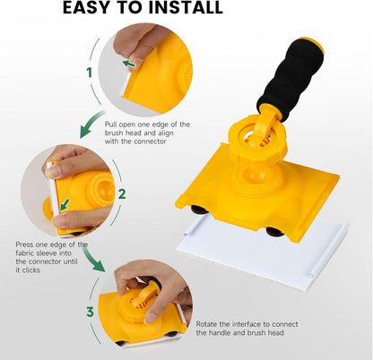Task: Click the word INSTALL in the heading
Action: click(186, 7)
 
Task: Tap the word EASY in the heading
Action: click(84, 7)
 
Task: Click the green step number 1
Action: click(89, 73)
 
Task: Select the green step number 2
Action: click(122, 194)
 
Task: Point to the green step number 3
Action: click(90, 312)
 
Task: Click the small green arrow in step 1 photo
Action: click(129, 64)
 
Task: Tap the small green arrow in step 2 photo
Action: click(65, 204)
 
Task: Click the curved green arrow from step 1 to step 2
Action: click(91, 124)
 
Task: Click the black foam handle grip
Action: click(290, 80)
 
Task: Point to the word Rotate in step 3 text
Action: click(206, 324)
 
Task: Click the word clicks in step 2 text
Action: click(31, 270)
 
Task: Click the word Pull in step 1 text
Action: click(110, 124)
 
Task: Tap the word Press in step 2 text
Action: click(24, 244)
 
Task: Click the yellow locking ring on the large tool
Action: click(258, 133)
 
